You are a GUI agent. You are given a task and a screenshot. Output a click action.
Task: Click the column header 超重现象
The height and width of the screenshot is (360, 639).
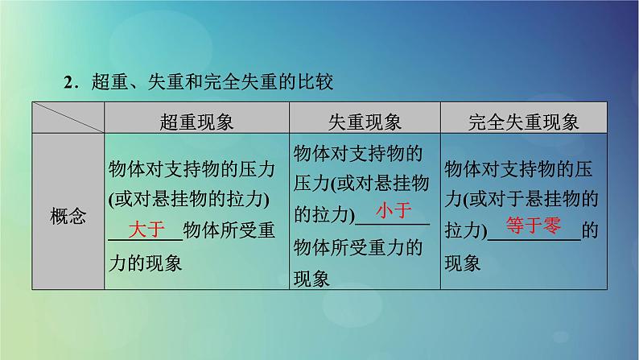[x=197, y=122]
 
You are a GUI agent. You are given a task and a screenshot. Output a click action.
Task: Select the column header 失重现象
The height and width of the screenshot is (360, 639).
[x=365, y=122]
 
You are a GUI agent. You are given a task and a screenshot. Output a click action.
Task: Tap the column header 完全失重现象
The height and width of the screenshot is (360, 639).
[x=524, y=122]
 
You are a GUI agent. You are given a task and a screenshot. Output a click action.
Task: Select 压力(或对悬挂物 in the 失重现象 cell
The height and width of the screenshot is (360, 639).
[x=359, y=182]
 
